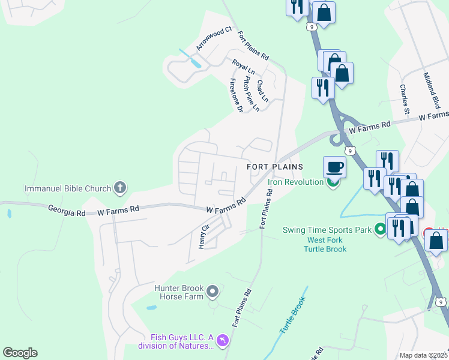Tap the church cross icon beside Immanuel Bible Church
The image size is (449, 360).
coord(119,188)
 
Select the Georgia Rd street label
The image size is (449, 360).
coord(68,209)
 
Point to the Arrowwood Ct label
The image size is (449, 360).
coord(214,39)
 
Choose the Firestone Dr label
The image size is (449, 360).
coord(235,95)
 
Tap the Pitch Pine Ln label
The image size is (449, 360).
coord(251,94)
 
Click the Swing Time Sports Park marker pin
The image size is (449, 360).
coord(379,229)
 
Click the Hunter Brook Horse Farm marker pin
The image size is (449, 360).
coord(212,292)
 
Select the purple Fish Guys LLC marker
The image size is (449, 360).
coord(223,341)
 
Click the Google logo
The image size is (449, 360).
coord(20,353)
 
